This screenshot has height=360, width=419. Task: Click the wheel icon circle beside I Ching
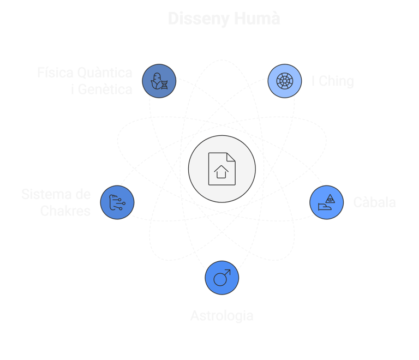(x=285, y=81)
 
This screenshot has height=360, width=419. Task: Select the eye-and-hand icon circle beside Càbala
(x=326, y=202)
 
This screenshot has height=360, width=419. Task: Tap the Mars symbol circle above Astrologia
(x=222, y=278)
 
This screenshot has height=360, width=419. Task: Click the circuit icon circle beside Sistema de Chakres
(x=117, y=202)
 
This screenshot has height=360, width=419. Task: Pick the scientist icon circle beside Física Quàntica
(x=159, y=81)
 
